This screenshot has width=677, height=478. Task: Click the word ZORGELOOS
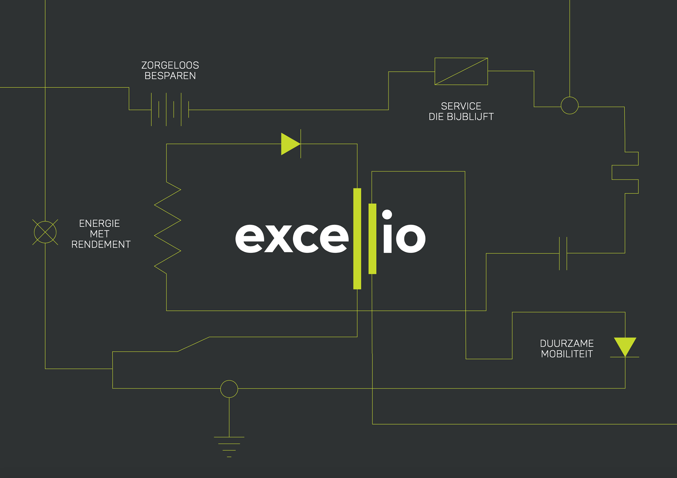click(170, 65)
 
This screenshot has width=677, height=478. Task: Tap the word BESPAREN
click(170, 76)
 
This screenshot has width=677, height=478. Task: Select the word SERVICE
click(461, 106)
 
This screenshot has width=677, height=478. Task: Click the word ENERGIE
click(99, 223)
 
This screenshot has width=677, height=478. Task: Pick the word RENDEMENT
click(101, 244)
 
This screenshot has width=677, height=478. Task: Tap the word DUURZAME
click(567, 343)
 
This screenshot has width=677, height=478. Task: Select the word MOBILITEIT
click(567, 354)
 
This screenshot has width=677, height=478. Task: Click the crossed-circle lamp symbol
click(45, 232)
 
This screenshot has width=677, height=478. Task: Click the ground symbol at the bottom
click(229, 446)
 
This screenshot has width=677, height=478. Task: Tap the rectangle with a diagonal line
click(461, 71)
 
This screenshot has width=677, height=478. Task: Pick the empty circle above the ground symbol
click(229, 389)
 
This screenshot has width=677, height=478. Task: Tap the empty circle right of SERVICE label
click(569, 105)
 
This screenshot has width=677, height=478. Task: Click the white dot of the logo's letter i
click(387, 214)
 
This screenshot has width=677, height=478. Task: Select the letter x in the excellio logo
click(278, 238)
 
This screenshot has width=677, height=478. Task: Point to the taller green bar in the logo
click(357, 239)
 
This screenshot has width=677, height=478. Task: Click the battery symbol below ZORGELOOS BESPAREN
click(170, 109)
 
